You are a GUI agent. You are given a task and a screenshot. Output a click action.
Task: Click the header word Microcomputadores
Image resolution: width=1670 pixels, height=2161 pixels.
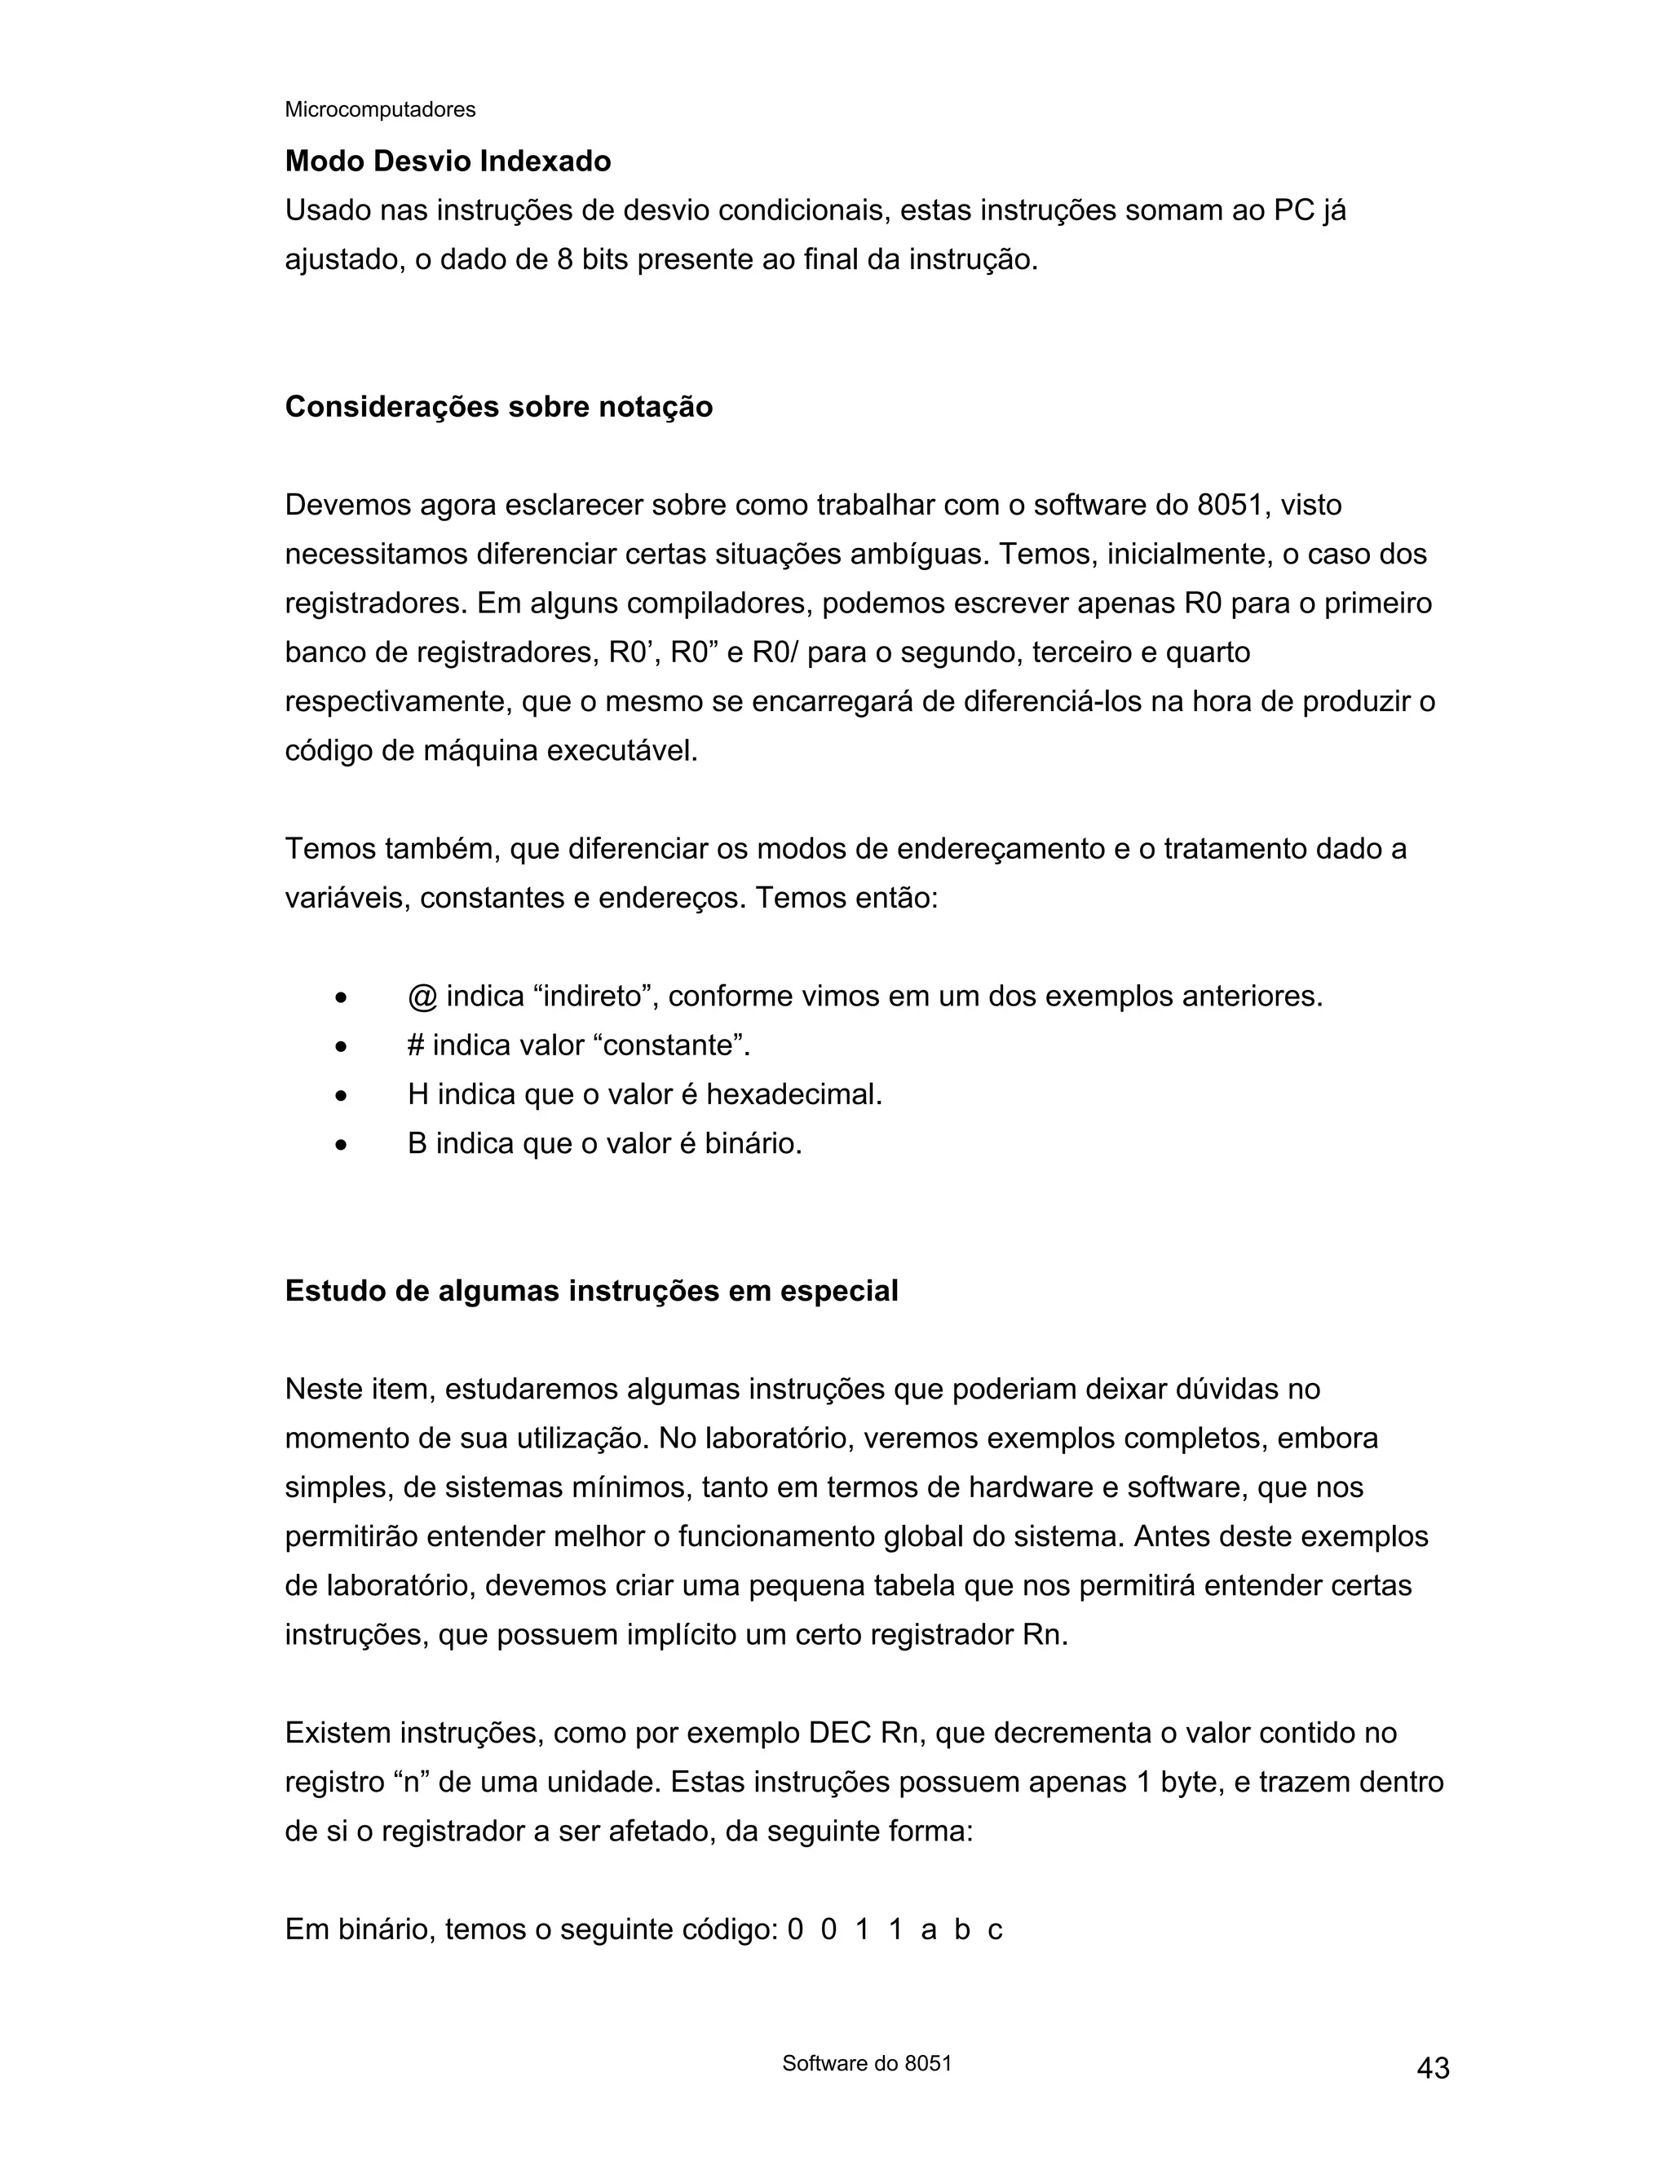click(x=380, y=110)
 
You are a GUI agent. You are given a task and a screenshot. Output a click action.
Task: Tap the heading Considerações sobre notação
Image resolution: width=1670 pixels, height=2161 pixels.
click(x=498, y=407)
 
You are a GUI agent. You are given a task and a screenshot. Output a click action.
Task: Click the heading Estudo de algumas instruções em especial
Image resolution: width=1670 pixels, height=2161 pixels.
click(x=590, y=1290)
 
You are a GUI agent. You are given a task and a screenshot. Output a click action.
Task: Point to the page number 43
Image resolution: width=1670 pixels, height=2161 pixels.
click(x=1433, y=2068)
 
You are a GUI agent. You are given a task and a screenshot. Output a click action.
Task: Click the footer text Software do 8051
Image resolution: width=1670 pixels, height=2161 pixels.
click(x=867, y=2063)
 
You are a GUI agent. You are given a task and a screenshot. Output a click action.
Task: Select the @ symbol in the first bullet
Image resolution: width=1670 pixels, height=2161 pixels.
click(x=422, y=997)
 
